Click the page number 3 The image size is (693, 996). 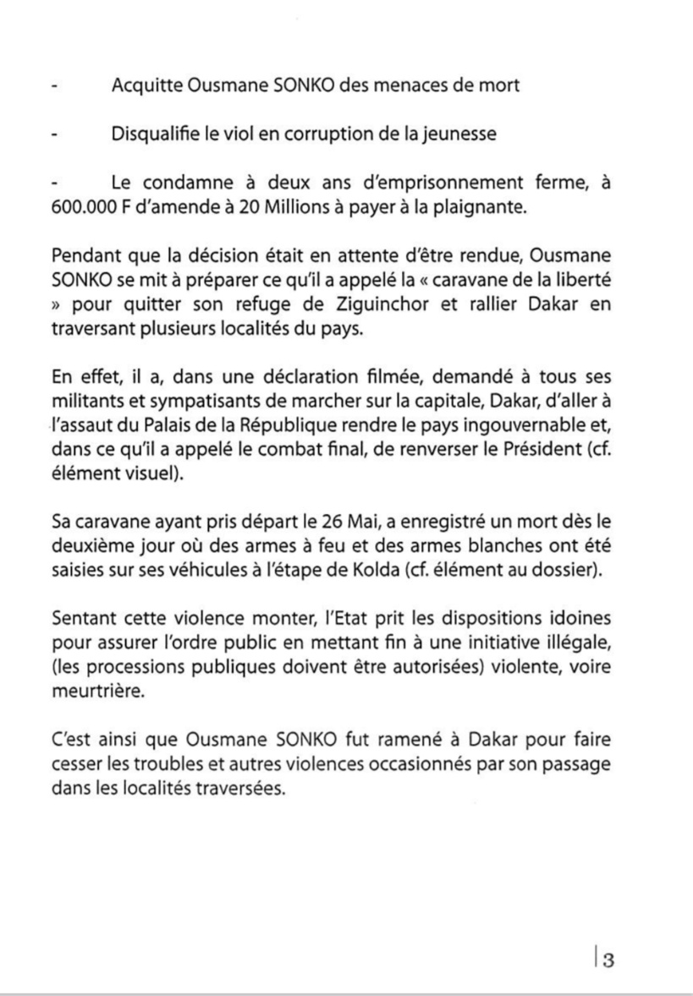(608, 958)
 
